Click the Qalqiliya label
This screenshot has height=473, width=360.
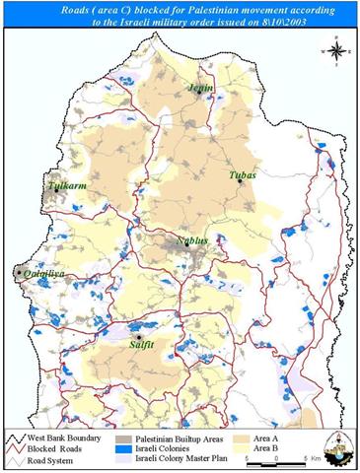(43, 278)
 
